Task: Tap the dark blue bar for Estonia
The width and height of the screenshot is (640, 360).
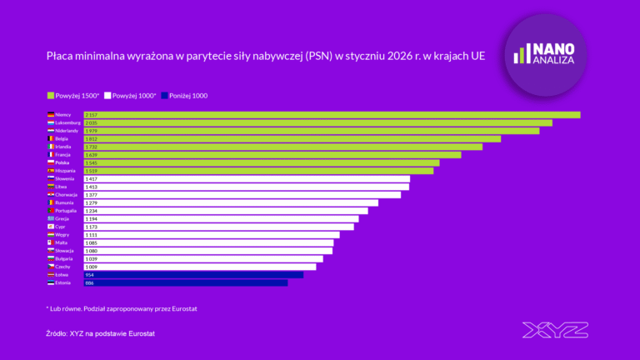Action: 185,282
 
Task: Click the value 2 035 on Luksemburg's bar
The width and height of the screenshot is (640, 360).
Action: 92,123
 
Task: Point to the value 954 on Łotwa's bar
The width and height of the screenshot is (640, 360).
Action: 90,274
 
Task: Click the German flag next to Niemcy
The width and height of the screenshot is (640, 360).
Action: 51,115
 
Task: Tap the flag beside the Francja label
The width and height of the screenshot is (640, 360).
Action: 51,155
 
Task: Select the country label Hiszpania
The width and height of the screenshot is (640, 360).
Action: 68,171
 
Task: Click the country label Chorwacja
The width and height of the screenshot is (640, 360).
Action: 68,195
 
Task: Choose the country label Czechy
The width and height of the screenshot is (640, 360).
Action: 63,267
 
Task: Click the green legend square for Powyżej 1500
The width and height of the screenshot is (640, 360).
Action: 50,96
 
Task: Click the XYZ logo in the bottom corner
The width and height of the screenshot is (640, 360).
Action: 554,330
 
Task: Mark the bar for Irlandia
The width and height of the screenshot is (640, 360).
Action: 283,147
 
